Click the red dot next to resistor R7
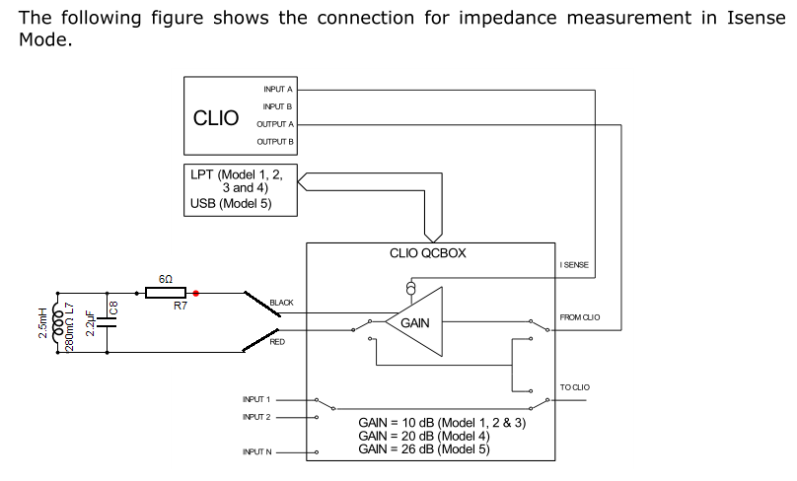point(195,293)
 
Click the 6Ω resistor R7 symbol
point(166,293)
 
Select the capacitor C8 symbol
point(107,322)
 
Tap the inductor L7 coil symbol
point(58,322)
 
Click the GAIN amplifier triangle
point(413,321)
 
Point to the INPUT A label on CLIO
point(278,90)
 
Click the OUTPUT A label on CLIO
point(275,124)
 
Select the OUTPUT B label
point(275,142)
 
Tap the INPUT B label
point(277,106)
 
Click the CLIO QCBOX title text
point(427,253)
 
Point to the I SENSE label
point(574,265)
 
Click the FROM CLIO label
point(580,317)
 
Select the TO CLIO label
point(575,387)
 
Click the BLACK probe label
point(281,303)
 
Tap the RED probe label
point(277,342)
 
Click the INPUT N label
point(257,452)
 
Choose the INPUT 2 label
point(256,417)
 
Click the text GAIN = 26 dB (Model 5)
point(424,449)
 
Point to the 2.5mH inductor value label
point(43,322)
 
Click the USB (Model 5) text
point(231,204)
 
